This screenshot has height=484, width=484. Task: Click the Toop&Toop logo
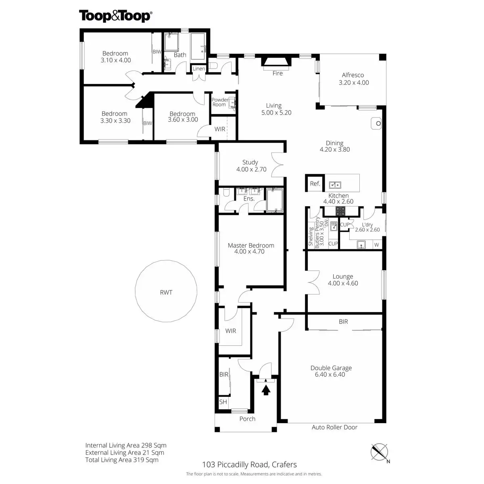pos(115,16)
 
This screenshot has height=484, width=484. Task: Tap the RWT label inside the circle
pos(166,292)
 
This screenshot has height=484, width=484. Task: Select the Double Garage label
pos(331,368)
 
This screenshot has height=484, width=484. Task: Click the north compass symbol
pos(380,452)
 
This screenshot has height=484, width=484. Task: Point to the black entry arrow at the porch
pos(266,390)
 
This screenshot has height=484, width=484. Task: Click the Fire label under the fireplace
pos(277,73)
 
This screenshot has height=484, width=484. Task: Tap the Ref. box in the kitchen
pos(315,184)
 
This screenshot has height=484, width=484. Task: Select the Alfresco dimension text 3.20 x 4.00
pos(354,82)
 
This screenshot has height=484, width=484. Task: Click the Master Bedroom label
pos(251,245)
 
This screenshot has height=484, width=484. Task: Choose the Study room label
pos(250,162)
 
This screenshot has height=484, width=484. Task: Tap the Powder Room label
pos(220,102)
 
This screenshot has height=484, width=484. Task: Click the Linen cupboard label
pos(199,69)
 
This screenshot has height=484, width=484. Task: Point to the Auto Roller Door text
pos(334,427)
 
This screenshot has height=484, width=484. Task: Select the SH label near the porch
pos(223,402)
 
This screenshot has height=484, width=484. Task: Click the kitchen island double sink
pos(334,185)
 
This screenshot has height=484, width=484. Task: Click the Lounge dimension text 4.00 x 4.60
pos(343,283)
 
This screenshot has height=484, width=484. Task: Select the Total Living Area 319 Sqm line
pos(122,460)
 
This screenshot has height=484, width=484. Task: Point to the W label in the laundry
pos(376,244)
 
